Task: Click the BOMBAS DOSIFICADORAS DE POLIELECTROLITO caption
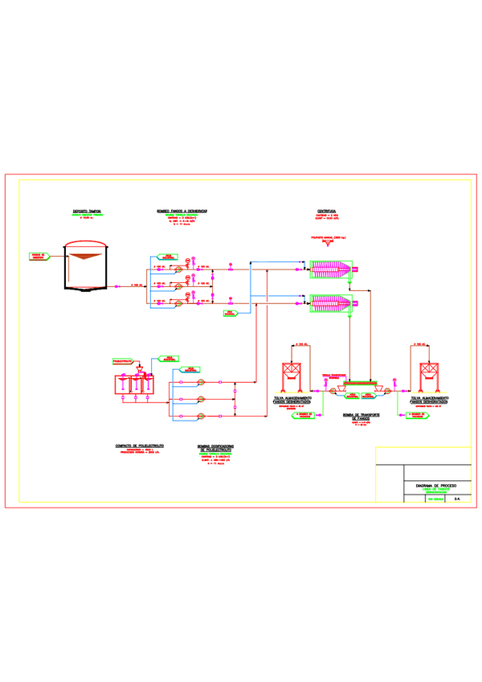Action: [x=215, y=446]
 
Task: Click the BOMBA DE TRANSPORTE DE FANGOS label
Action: [x=360, y=417]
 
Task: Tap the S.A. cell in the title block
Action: [x=457, y=499]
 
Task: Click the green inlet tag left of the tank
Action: [x=39, y=256]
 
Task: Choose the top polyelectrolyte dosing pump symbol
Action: [x=202, y=382]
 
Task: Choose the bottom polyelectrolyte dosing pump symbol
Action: [x=202, y=416]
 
